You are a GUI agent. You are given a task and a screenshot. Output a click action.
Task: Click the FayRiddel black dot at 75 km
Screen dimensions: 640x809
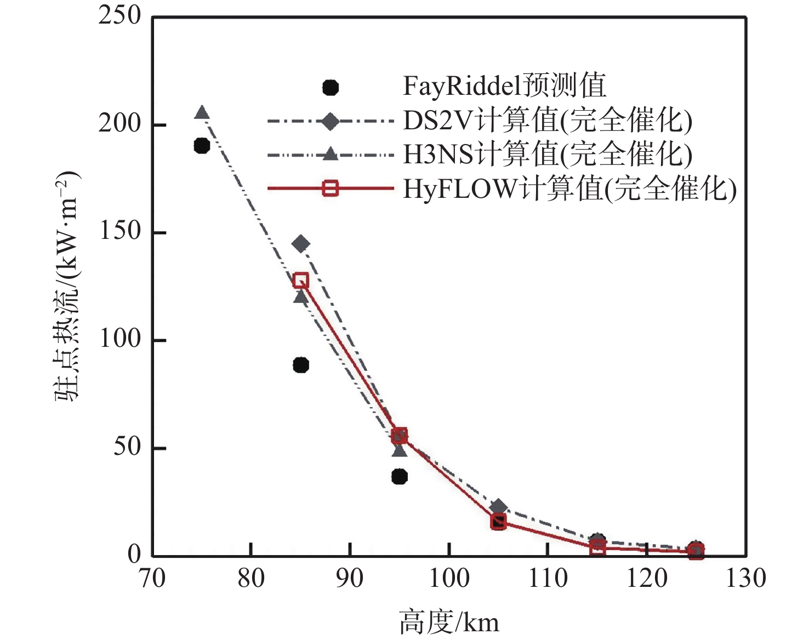point(202,146)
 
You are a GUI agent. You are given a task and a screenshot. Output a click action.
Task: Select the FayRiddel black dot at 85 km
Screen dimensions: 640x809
point(301,365)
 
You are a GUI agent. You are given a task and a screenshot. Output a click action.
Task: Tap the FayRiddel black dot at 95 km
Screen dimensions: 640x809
point(400,476)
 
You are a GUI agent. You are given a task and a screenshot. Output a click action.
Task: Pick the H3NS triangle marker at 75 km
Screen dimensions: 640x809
point(202,113)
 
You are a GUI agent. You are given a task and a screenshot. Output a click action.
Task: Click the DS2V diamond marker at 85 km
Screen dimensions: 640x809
point(300,244)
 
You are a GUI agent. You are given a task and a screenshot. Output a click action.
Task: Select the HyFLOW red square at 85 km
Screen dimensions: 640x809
point(301,281)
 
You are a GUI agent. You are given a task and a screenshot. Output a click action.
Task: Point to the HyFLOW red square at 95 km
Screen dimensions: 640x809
point(400,436)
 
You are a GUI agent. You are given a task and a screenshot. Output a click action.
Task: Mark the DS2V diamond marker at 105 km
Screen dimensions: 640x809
point(498,507)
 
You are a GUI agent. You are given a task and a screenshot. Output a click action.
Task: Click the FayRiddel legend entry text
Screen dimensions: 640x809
point(504,86)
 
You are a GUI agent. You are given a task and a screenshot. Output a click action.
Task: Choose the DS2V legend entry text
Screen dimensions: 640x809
point(547,121)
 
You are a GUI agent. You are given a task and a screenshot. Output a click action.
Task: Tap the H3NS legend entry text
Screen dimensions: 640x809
point(547,155)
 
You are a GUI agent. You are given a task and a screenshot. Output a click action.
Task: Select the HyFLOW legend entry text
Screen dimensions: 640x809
point(569,189)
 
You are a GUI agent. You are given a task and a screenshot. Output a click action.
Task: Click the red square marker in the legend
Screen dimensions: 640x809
point(330,188)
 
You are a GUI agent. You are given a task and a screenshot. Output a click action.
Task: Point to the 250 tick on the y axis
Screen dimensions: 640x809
point(119,16)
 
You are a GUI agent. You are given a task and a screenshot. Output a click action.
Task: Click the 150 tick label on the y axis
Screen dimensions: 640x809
point(119,231)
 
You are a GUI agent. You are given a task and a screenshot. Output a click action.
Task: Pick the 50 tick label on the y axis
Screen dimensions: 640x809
point(127,447)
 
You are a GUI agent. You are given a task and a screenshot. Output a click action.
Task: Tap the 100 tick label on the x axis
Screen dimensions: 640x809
point(449,579)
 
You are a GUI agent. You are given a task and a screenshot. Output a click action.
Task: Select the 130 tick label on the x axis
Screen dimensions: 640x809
point(745,579)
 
